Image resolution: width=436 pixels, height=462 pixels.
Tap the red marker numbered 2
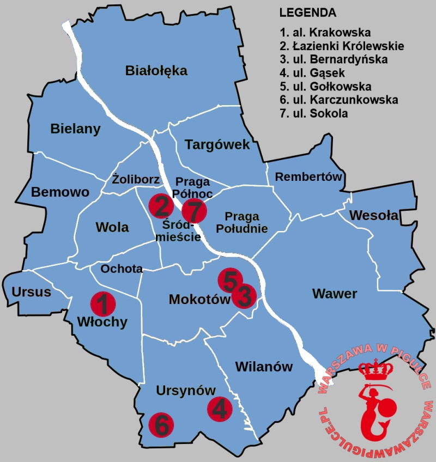[x=161, y=206]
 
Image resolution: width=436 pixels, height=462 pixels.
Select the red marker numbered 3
[x=244, y=296]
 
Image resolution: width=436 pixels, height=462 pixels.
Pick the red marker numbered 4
[x=220, y=409]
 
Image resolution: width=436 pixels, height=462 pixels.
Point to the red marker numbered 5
[x=230, y=280]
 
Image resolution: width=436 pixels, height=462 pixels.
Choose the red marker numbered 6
[x=161, y=424]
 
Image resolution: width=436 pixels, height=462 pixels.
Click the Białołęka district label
[x=156, y=70]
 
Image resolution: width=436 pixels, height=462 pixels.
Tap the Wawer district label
[x=335, y=294]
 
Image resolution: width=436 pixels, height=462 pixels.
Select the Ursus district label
[x=31, y=292]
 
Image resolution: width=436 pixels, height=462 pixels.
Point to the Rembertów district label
[x=308, y=177]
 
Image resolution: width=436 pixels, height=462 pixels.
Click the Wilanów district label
[x=264, y=367]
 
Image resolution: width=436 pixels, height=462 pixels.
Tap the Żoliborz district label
[x=136, y=179]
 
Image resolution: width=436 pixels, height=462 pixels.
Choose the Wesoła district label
[x=373, y=215]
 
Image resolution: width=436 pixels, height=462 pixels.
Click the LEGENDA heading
[x=307, y=13]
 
